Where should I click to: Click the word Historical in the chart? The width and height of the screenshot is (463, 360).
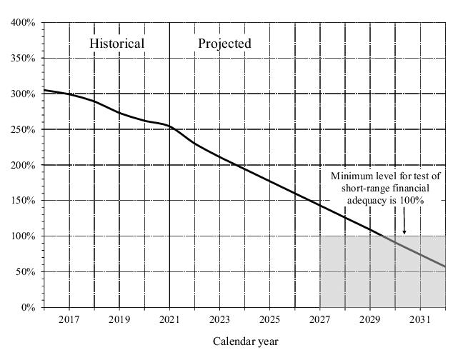(x=116, y=44)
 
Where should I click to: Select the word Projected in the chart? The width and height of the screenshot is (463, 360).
(x=224, y=44)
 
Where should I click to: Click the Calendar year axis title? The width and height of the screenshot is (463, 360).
(x=245, y=341)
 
